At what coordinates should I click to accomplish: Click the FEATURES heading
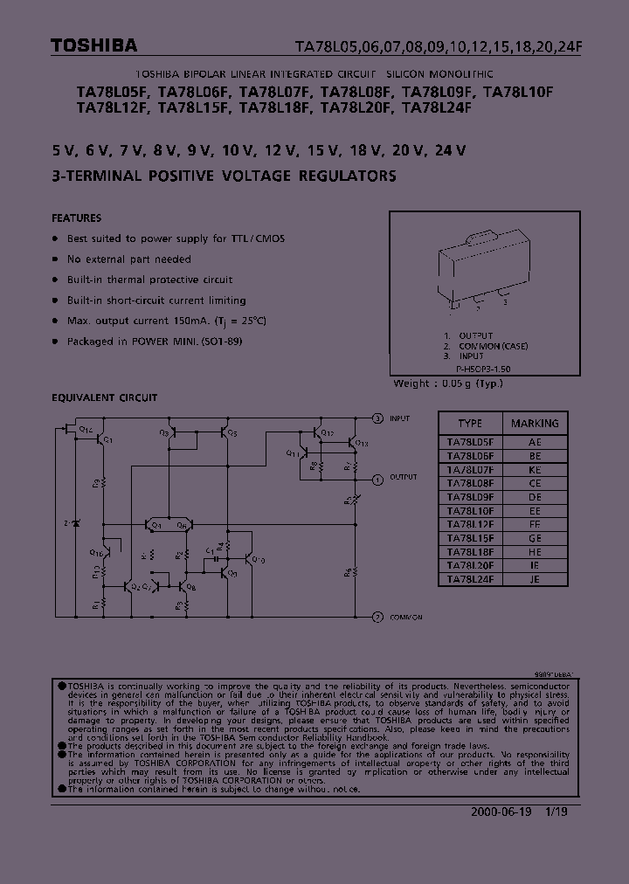tap(77, 218)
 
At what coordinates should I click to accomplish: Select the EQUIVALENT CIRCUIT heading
tap(105, 397)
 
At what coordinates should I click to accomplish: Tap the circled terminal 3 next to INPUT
tap(377, 418)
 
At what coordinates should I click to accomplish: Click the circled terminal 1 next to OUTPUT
tap(377, 479)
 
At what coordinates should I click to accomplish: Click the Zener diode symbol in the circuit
tap(76, 523)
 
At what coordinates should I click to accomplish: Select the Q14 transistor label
tap(86, 429)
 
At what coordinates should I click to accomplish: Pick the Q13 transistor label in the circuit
tap(363, 444)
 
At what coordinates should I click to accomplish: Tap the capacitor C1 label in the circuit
tap(210, 549)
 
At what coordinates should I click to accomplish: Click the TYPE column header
tap(470, 423)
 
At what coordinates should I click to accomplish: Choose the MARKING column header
tap(535, 423)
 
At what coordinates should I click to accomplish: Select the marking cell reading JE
tap(535, 578)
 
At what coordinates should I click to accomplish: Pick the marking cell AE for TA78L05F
tap(535, 443)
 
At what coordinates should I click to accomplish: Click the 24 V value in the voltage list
tap(450, 150)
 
